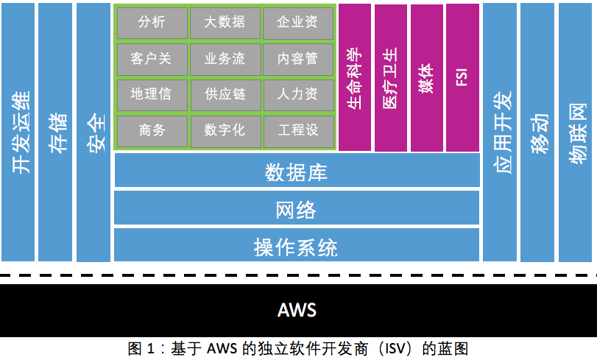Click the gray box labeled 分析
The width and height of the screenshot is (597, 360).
pyautogui.click(x=151, y=23)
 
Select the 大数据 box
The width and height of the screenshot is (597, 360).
pyautogui.click(x=225, y=23)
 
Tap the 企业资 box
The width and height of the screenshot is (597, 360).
pyautogui.click(x=297, y=23)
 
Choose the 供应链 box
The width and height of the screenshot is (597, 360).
pyautogui.click(x=225, y=94)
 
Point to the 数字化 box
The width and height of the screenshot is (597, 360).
pyautogui.click(x=225, y=130)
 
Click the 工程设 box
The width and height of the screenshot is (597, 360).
pyautogui.click(x=297, y=130)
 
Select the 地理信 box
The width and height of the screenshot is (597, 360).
pyautogui.click(x=151, y=94)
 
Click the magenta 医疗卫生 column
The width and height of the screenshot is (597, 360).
pyautogui.click(x=390, y=77)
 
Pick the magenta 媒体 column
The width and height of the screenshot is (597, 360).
pyautogui.click(x=426, y=77)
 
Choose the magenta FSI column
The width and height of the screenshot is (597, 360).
pyautogui.click(x=462, y=77)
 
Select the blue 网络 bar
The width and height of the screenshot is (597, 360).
pyautogui.click(x=296, y=210)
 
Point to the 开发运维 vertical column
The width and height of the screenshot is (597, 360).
pyautogui.click(x=18, y=133)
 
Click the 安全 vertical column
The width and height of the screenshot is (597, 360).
pyautogui.click(x=93, y=133)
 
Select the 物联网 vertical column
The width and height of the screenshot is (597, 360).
pyautogui.click(x=576, y=133)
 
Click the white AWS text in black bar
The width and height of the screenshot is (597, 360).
pyautogui.click(x=297, y=309)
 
